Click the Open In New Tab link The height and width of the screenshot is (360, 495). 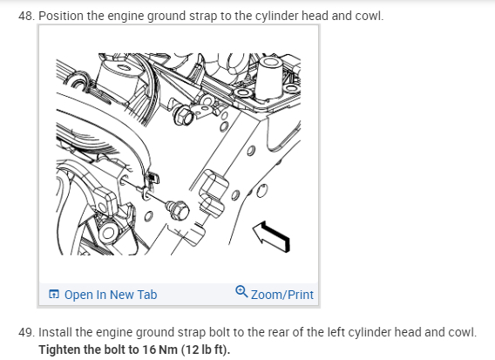click(x=111, y=295)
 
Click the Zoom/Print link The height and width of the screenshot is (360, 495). click(x=281, y=295)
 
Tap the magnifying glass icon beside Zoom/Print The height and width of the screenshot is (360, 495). click(x=241, y=291)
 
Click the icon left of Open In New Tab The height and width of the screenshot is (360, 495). click(x=54, y=294)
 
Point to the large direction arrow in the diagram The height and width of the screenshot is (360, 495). click(x=272, y=236)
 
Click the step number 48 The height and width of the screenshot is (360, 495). click(x=26, y=16)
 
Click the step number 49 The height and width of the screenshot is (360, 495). click(x=26, y=332)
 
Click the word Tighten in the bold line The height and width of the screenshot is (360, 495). click(x=59, y=350)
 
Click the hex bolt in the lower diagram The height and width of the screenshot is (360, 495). click(x=180, y=210)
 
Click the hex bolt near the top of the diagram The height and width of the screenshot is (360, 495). click(x=183, y=116)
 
